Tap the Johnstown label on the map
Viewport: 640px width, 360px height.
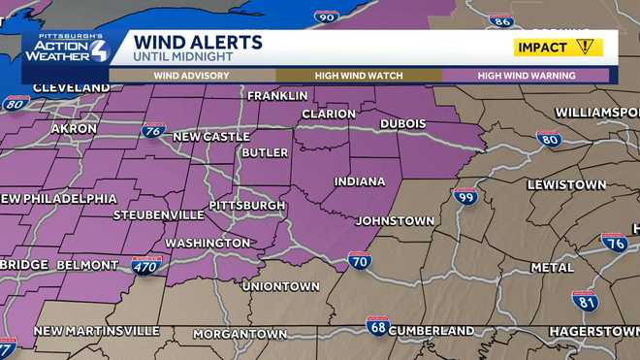[x=395, y=221]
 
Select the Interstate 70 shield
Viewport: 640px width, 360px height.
[x=359, y=260]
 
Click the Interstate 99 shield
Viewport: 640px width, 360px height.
[x=465, y=196]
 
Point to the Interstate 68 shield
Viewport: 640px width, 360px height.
[x=377, y=324]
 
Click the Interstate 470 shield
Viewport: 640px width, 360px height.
[x=146, y=265]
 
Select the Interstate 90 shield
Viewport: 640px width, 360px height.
[x=327, y=16]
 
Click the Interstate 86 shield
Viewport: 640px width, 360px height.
[x=500, y=19]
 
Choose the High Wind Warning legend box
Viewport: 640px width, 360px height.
[x=526, y=75]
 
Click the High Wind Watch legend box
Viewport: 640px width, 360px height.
[x=359, y=75]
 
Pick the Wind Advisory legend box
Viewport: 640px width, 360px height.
[x=191, y=75]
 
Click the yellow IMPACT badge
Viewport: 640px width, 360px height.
[x=558, y=47]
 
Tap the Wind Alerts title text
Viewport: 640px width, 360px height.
[x=198, y=42]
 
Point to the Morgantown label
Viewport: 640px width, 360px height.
[x=240, y=334]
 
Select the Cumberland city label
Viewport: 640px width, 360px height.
[x=432, y=330]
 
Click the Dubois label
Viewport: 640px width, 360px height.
[x=402, y=124]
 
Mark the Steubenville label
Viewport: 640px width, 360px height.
[x=158, y=214]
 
